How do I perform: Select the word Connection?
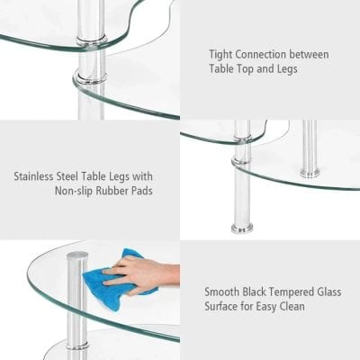tap(266, 55)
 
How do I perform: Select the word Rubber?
tap(101, 192)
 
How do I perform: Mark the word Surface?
tap(225, 307)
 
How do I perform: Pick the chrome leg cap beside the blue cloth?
tap(76, 259)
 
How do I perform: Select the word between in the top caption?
tap(311, 55)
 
